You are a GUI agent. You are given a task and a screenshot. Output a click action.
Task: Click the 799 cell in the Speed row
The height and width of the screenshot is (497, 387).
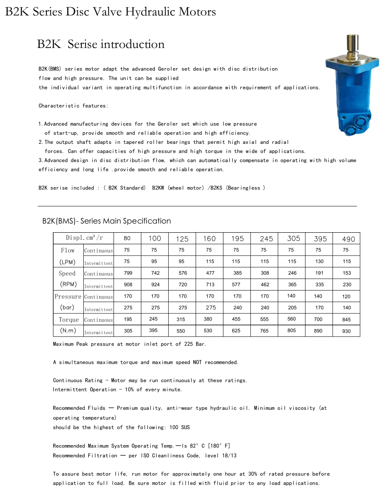[x=128, y=273]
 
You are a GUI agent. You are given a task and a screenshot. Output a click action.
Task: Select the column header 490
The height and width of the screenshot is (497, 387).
[x=348, y=239]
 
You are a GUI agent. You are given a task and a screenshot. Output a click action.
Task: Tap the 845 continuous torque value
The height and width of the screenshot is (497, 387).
[x=347, y=319]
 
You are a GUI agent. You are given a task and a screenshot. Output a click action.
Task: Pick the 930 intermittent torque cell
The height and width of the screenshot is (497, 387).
[x=347, y=331]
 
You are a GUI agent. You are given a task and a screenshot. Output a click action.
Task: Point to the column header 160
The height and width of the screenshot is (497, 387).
[x=209, y=239]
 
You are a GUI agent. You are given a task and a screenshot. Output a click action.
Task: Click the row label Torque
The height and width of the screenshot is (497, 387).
[x=69, y=320]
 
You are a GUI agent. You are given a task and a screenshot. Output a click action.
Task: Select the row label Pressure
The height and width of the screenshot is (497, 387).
[x=68, y=296]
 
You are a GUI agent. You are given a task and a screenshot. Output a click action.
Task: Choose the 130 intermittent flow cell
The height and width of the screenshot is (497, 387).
[x=319, y=262]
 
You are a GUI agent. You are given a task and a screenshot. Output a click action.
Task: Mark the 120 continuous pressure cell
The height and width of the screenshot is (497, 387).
[x=346, y=296]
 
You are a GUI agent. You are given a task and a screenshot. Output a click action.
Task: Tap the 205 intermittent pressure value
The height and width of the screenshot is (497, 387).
[x=292, y=308]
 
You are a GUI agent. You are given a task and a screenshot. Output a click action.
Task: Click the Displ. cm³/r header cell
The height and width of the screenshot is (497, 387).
[x=84, y=238]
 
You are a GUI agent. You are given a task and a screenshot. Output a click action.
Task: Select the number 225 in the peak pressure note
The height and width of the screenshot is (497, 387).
[x=189, y=344]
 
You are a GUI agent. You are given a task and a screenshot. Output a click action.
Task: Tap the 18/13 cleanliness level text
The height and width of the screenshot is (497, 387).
[x=229, y=455]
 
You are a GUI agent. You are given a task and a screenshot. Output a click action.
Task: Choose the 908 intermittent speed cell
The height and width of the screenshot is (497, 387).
[x=128, y=285]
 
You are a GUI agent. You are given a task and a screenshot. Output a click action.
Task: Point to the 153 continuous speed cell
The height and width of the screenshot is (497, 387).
[x=347, y=273]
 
